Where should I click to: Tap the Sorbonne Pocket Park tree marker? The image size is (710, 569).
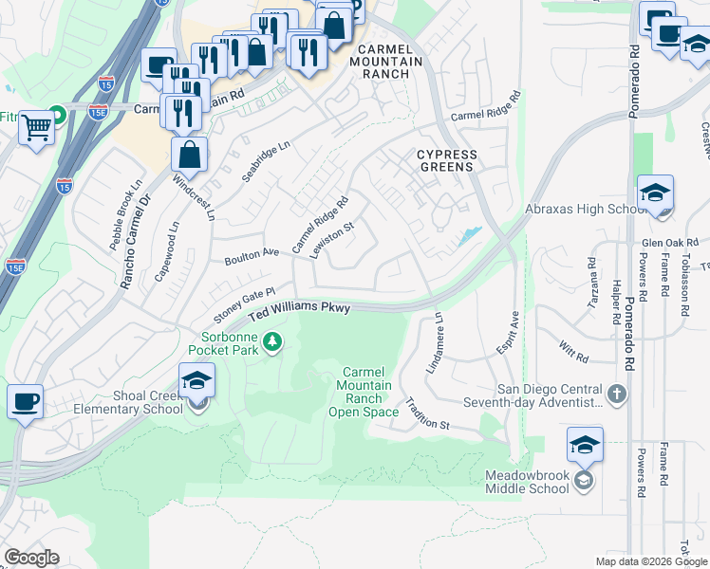pos(272,340)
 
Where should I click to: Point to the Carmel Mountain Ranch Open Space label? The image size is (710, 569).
pos(364,392)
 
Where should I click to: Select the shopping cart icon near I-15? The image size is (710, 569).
pos(37,125)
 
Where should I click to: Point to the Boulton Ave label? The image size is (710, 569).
pos(252,256)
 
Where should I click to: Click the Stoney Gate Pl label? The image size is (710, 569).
pos(244,304)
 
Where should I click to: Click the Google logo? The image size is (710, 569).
pos(31,558)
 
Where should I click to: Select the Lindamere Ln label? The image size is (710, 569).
pos(439,343)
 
